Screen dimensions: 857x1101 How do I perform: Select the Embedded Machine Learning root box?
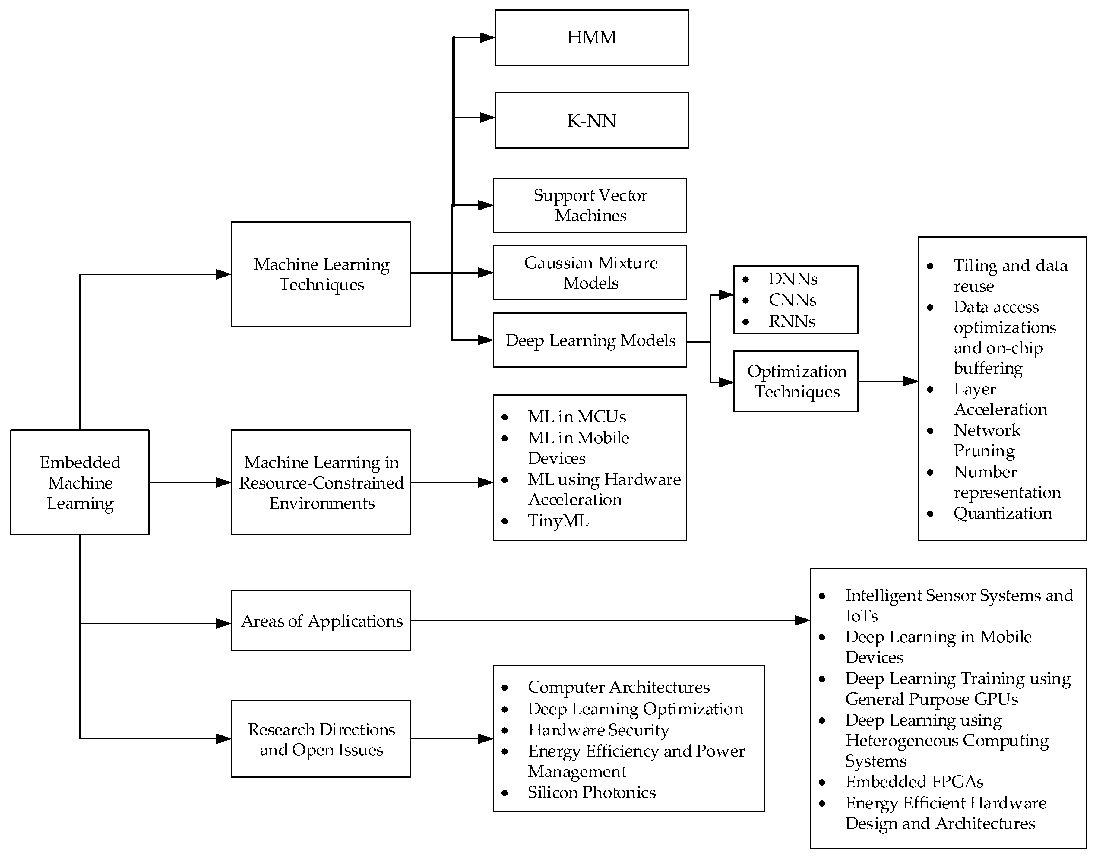[x=80, y=482]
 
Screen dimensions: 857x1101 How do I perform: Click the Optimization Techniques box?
[x=796, y=381]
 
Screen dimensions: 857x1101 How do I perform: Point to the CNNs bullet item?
[x=792, y=300]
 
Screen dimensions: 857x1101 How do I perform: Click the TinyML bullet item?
[x=558, y=520]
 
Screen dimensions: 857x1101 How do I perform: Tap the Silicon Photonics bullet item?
[x=591, y=792]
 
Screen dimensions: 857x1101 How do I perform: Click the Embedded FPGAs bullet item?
[x=914, y=782]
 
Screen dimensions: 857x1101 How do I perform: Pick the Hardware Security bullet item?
[x=598, y=730]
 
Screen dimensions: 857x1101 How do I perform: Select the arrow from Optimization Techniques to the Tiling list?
[x=887, y=381]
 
